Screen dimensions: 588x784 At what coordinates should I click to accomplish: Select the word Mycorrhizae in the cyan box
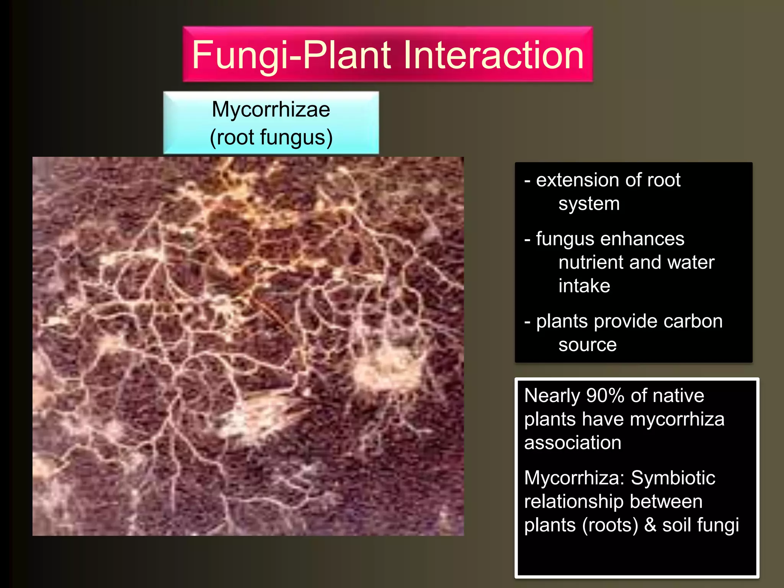tap(271, 109)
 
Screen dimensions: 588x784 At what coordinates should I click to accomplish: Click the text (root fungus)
tap(271, 137)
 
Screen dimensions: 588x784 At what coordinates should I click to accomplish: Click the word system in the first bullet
tap(589, 204)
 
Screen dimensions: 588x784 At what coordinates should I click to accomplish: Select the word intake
tap(584, 286)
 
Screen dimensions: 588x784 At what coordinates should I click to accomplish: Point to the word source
tap(587, 345)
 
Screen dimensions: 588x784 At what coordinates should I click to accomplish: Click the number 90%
tap(605, 395)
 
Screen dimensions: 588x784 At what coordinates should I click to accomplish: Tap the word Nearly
tap(552, 395)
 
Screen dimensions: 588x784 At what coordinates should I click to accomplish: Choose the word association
tap(572, 443)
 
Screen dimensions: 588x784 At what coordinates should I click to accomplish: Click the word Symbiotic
tap(673, 478)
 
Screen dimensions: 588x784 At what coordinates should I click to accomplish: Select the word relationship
tap(568, 502)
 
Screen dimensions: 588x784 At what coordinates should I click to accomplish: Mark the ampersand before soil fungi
tap(650, 525)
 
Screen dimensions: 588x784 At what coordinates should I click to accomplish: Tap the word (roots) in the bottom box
tap(610, 525)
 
